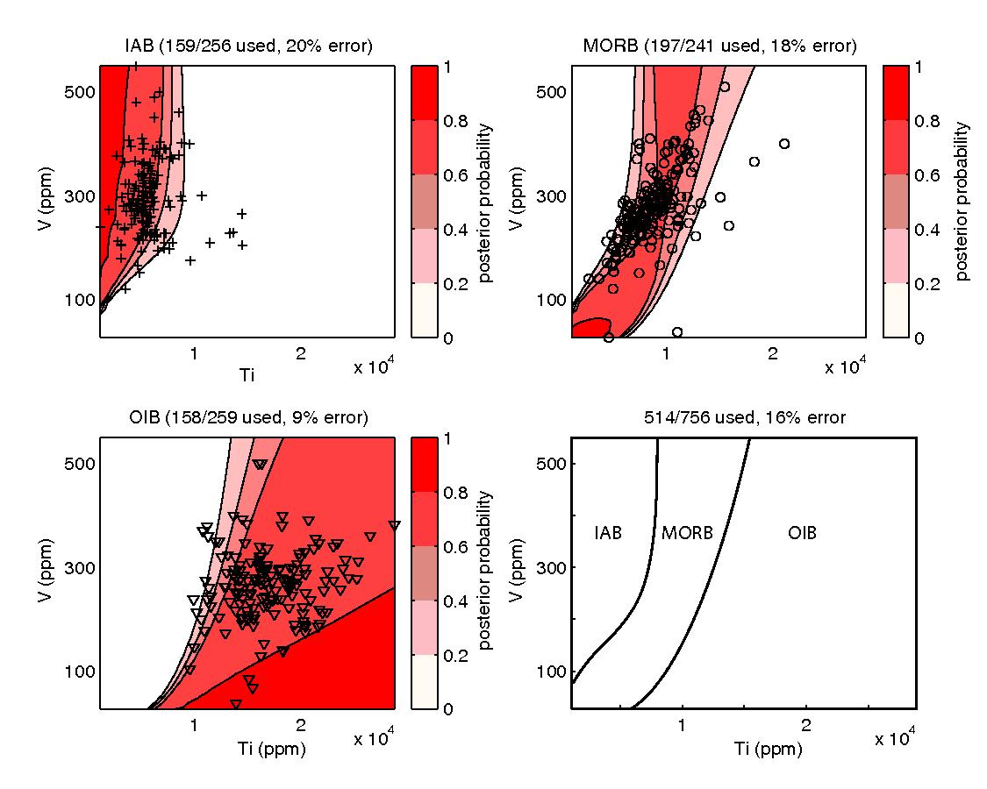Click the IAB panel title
(x=247, y=46)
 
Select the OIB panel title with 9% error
(x=247, y=417)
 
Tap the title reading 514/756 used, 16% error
(x=744, y=417)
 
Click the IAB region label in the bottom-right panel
(x=608, y=532)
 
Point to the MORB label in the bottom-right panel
(x=687, y=532)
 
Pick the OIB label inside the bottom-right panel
(x=802, y=532)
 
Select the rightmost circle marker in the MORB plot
(x=784, y=144)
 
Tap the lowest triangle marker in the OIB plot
(x=236, y=703)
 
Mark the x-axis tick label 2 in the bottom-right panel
(x=805, y=727)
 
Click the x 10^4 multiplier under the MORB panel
(x=844, y=366)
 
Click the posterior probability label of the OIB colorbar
(x=487, y=571)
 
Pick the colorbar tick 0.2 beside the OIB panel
(x=454, y=654)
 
